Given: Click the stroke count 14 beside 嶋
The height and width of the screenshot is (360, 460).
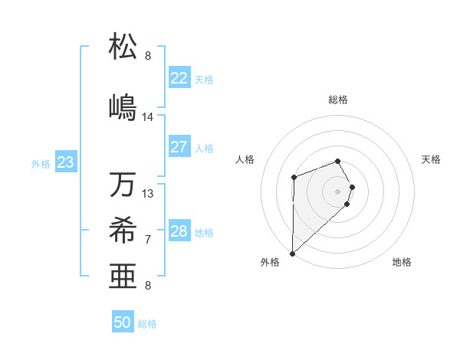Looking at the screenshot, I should (148, 117).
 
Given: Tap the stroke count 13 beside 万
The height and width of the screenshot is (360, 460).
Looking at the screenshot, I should (148, 194).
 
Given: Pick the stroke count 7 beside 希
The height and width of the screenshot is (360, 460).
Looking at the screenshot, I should (148, 240).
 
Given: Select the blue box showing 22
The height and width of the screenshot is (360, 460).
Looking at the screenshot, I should (179, 77).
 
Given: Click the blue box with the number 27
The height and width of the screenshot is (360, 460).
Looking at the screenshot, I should (179, 147).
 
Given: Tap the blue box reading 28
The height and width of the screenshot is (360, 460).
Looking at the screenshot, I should (179, 231).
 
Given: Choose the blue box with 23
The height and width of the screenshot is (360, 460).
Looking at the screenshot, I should (65, 162).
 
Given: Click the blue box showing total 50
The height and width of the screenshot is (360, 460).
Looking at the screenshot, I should (123, 322).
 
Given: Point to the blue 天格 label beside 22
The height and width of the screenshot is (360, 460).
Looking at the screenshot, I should (204, 79).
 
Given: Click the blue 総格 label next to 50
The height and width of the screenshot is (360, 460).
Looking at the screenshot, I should (147, 324).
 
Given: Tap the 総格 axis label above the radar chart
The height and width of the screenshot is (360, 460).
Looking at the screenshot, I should (338, 100).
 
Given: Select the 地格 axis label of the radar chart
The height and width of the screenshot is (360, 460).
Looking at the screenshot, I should (402, 262).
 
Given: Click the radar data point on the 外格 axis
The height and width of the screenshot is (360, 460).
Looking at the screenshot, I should (292, 253).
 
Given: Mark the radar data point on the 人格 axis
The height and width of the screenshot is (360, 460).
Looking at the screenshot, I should (294, 178).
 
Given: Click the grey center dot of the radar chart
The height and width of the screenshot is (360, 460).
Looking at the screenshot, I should (337, 191).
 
